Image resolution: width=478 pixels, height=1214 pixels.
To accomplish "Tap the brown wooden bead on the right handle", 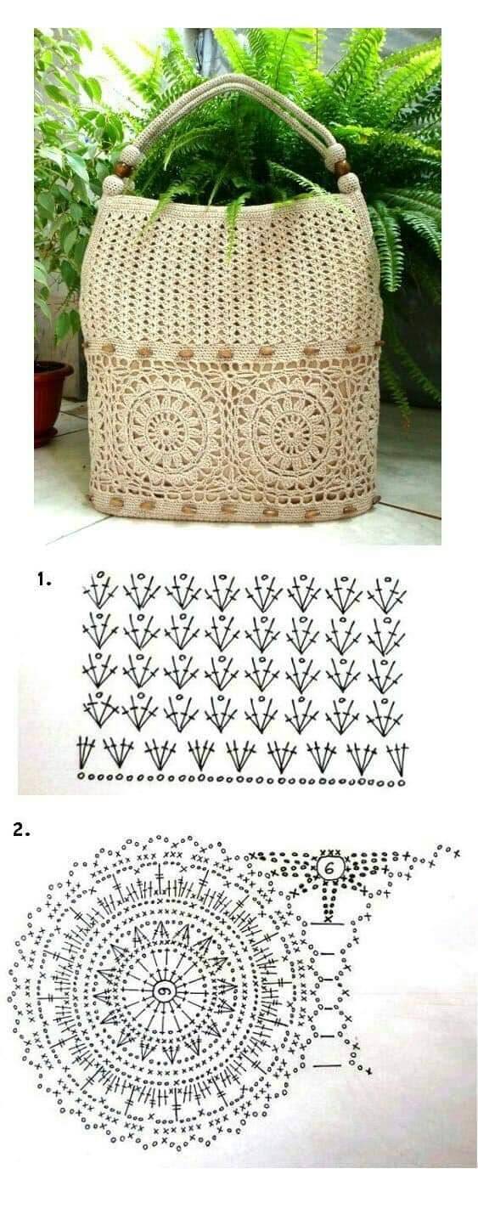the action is [x=341, y=167].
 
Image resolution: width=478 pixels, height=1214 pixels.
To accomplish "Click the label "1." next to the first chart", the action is [x=44, y=579].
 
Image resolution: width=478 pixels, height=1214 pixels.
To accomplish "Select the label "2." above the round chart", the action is [x=21, y=830].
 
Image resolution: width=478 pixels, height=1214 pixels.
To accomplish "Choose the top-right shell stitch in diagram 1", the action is [x=386, y=594].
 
